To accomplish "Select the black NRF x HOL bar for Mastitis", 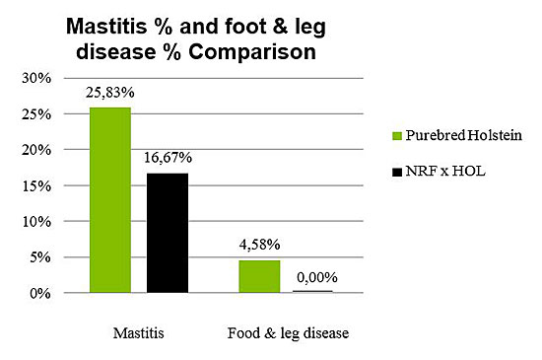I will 168,233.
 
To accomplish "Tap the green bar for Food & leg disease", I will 259,276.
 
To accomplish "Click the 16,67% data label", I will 168,158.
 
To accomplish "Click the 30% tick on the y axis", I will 37,78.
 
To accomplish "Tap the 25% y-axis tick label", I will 37,114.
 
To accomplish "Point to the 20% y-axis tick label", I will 37,150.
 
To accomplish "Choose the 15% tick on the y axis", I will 37,185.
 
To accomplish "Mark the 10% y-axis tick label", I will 37,222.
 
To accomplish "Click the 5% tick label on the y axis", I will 41,257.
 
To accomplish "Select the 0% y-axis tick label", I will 41,294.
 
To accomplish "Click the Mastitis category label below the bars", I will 139,332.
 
